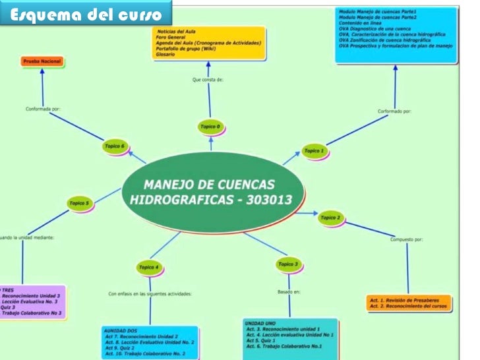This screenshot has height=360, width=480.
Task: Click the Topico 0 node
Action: coord(210,127)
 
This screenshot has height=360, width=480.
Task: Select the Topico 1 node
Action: coord(314,151)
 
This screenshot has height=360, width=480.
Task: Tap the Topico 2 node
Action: coord(330,217)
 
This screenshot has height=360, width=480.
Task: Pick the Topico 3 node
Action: coord(287,264)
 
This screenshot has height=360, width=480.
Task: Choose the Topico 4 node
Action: coord(148,267)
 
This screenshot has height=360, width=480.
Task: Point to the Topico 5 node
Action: coord(78,203)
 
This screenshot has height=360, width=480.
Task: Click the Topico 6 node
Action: coord(114,146)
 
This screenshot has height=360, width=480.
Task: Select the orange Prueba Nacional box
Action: coord(42,61)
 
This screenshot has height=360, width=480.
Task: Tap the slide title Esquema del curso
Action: coord(86,15)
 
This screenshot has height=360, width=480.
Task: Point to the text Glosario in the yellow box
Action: coord(165,54)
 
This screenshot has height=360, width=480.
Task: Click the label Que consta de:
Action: coord(208,79)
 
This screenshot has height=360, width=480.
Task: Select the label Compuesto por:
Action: coord(406,239)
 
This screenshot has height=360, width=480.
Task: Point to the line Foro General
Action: coord(170,38)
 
